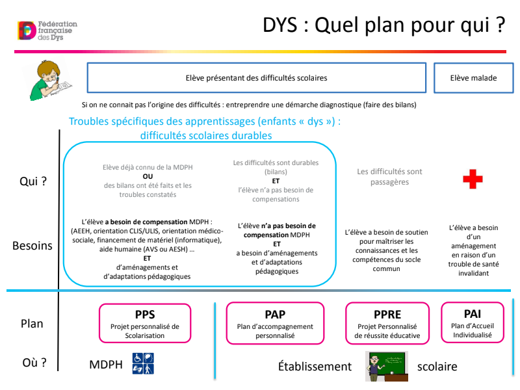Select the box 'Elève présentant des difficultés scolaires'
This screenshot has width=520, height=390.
(x=257, y=78)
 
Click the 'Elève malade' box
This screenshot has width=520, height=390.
(x=473, y=78)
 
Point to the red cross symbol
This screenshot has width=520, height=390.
(x=473, y=179)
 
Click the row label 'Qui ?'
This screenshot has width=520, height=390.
(x=32, y=181)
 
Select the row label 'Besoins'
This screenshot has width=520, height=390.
(x=32, y=246)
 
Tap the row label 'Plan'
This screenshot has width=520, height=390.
(x=32, y=323)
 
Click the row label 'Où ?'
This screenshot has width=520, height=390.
(x=32, y=362)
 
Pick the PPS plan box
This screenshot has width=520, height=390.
(x=145, y=323)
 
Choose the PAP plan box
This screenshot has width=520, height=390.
(x=275, y=323)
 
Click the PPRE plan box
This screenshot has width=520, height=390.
(x=387, y=323)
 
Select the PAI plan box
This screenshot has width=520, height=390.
(x=473, y=322)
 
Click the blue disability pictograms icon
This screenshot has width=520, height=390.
(x=144, y=364)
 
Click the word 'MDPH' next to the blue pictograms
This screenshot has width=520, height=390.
(x=106, y=365)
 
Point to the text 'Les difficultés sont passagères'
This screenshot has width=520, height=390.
(x=389, y=177)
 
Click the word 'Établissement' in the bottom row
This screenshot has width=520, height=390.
(x=315, y=366)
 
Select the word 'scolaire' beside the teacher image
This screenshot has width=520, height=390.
(x=437, y=366)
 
